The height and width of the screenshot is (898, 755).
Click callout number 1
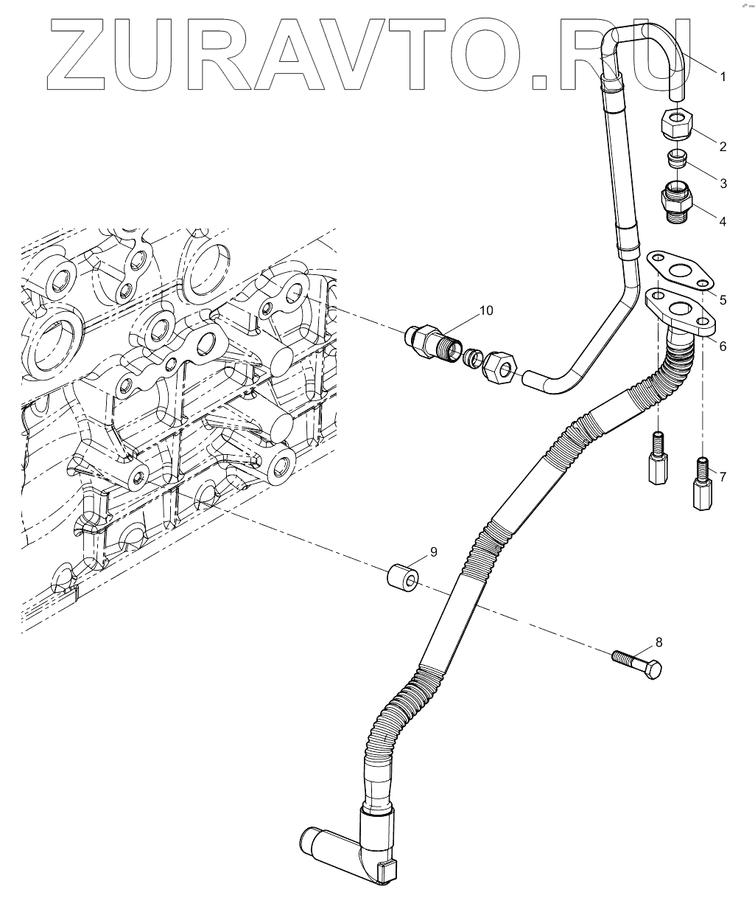pos(723,77)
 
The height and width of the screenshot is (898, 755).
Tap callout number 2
pos(723,147)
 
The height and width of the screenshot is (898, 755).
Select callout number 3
pos(723,184)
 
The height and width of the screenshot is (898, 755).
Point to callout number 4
pos(723,220)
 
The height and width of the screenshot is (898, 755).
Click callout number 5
pos(723,299)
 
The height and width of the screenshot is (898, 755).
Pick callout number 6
pos(723,345)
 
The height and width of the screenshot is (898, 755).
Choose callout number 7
pos(723,477)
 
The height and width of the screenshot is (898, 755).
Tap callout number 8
pos(659,642)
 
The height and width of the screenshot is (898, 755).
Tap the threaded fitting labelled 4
pos(675,200)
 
